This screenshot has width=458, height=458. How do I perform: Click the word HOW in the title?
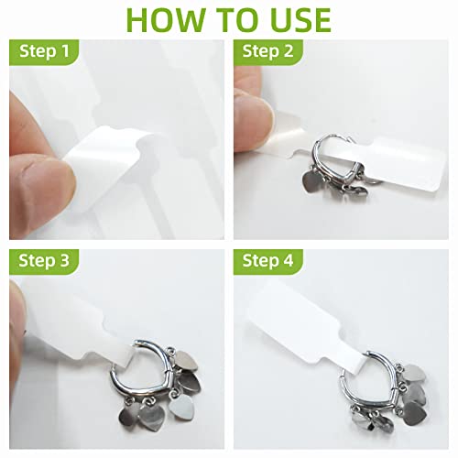coord(165,20)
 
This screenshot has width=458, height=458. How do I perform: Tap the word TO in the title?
coord(233,20)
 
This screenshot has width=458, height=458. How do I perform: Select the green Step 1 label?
coord(44,52)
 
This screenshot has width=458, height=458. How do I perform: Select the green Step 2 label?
coord(268,52)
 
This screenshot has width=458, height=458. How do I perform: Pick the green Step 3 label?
coord(44,262)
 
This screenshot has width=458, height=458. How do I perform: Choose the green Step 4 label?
coord(268,262)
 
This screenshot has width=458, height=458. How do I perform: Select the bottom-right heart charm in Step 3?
coord(180,408)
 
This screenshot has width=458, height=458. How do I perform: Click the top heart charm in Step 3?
coord(187,360)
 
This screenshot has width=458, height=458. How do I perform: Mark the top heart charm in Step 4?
coord(414,373)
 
